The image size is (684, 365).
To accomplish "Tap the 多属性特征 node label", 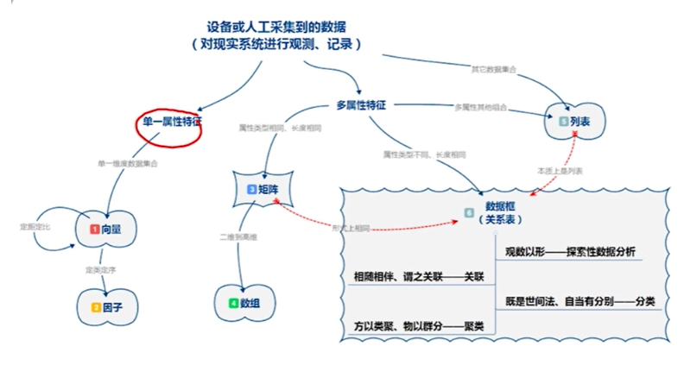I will (360, 105).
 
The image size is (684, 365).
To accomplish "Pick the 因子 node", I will (109, 306).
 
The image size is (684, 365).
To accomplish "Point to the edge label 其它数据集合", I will (493, 68).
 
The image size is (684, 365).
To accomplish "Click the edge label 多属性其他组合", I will (480, 108).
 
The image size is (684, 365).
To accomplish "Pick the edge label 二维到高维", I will (238, 235).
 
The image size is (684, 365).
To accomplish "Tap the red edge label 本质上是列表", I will (560, 171).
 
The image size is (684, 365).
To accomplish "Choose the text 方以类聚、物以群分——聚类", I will (418, 326).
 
